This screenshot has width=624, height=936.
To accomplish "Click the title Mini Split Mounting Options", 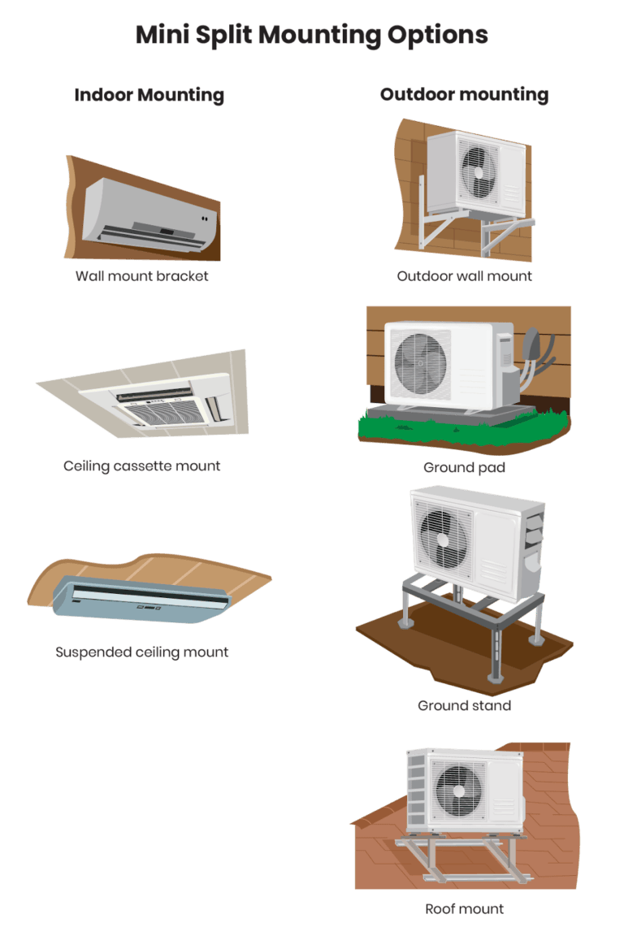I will pyautogui.click(x=311, y=35).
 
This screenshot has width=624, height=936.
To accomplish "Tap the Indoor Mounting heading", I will pyautogui.click(x=149, y=95).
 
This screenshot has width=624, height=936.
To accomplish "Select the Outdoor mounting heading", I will pyautogui.click(x=464, y=94).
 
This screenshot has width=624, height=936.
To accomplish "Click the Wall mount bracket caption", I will pyautogui.click(x=142, y=275).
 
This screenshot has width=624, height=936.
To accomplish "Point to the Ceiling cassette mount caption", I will pyautogui.click(x=142, y=466).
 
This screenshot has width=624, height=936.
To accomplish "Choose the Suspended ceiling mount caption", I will pyautogui.click(x=142, y=652).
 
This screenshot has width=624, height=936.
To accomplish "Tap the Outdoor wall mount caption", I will pyautogui.click(x=465, y=275).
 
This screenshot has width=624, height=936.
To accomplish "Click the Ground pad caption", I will pyautogui.click(x=465, y=467).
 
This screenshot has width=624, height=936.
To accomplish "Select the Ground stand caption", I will pyautogui.click(x=465, y=705).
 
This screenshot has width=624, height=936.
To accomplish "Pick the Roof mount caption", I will pyautogui.click(x=465, y=908).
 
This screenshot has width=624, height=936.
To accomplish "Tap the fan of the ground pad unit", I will pyautogui.click(x=420, y=362).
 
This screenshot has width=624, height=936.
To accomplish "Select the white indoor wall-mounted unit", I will pyautogui.click(x=146, y=210).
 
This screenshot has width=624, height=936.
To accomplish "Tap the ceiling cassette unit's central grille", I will pyautogui.click(x=162, y=413).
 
